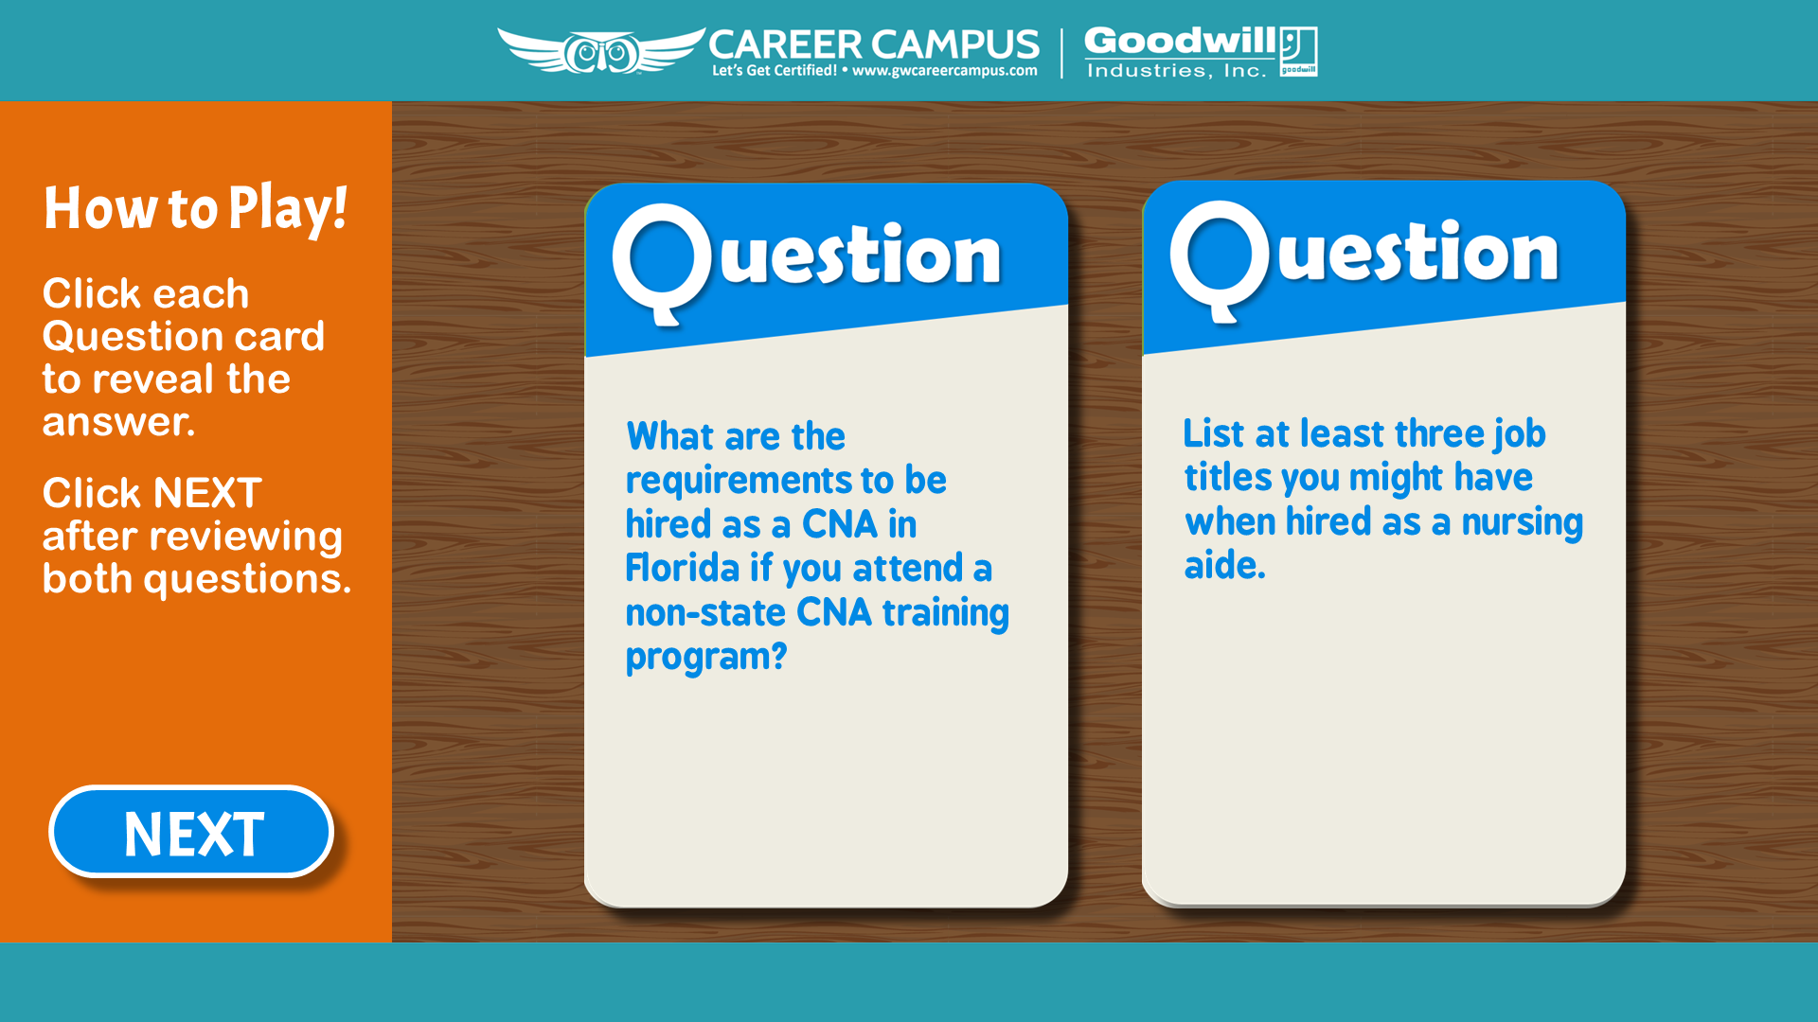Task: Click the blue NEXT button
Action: [x=191, y=832]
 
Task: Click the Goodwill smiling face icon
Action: [x=1298, y=51]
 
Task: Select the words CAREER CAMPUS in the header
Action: [x=873, y=44]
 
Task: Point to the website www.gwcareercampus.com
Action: [x=944, y=70]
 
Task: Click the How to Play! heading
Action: [x=195, y=208]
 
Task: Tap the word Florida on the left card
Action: [x=683, y=568]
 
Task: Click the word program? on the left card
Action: [x=706, y=657]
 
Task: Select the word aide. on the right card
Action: [x=1224, y=565]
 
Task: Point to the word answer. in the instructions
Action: [x=118, y=422]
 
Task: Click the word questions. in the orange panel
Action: [x=247, y=579]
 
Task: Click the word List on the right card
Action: [x=1214, y=433]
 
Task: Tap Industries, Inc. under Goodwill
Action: [x=1176, y=71]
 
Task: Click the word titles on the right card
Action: [x=1227, y=477]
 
